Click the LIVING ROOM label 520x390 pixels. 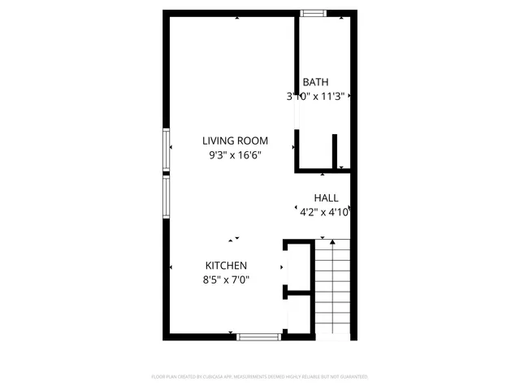click(236, 140)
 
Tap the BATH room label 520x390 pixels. click(315, 82)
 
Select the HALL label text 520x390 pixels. click(326, 197)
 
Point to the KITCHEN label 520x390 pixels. click(226, 266)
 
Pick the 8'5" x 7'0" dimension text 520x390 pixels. click(226, 279)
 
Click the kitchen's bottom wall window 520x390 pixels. click(259, 336)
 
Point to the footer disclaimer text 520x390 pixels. click(260, 377)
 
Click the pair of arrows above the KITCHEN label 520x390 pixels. click(234, 239)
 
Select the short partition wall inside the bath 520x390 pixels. click(335, 151)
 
